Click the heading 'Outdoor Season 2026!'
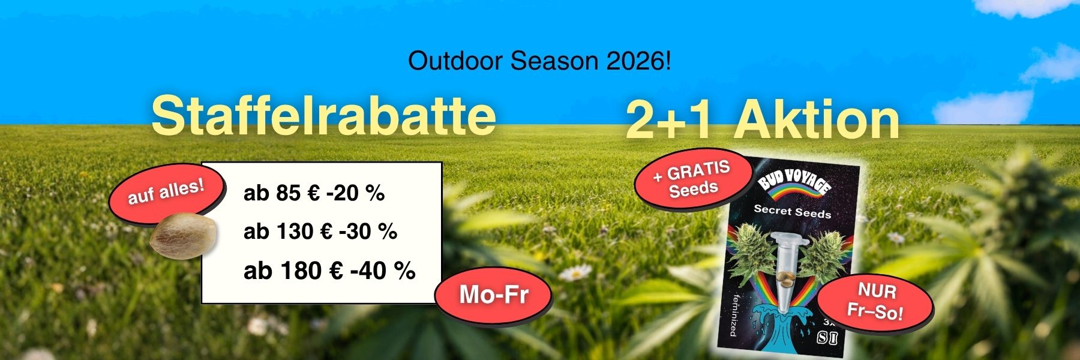click(x=539, y=61)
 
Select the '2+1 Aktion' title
click(x=763, y=120)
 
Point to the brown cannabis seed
click(x=182, y=236)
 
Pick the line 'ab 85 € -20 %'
click(x=314, y=193)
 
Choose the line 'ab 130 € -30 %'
click(x=320, y=232)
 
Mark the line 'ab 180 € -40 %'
click(x=329, y=271)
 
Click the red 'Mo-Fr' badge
click(x=493, y=295)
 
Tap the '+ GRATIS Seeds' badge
click(x=693, y=179)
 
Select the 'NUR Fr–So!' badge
click(x=875, y=302)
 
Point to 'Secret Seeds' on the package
click(x=792, y=211)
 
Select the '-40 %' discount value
click(x=383, y=271)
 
